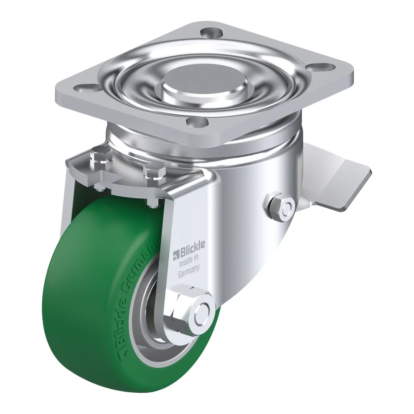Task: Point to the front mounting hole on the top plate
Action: pyautogui.click(x=197, y=121)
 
